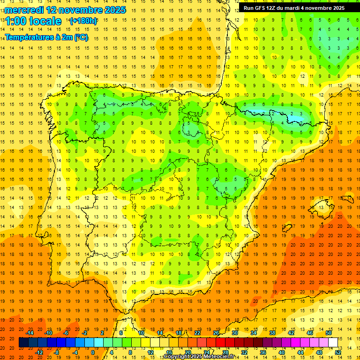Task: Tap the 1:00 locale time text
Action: (33, 21)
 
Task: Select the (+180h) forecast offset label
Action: (83, 21)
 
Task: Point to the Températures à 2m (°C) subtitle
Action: (46, 37)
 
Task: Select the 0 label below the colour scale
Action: (93, 352)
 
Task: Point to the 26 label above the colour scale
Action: (216, 332)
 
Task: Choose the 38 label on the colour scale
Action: (272, 332)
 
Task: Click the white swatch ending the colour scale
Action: (333, 342)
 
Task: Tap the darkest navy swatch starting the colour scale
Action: (24, 342)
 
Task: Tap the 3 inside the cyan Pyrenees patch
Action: (301, 114)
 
